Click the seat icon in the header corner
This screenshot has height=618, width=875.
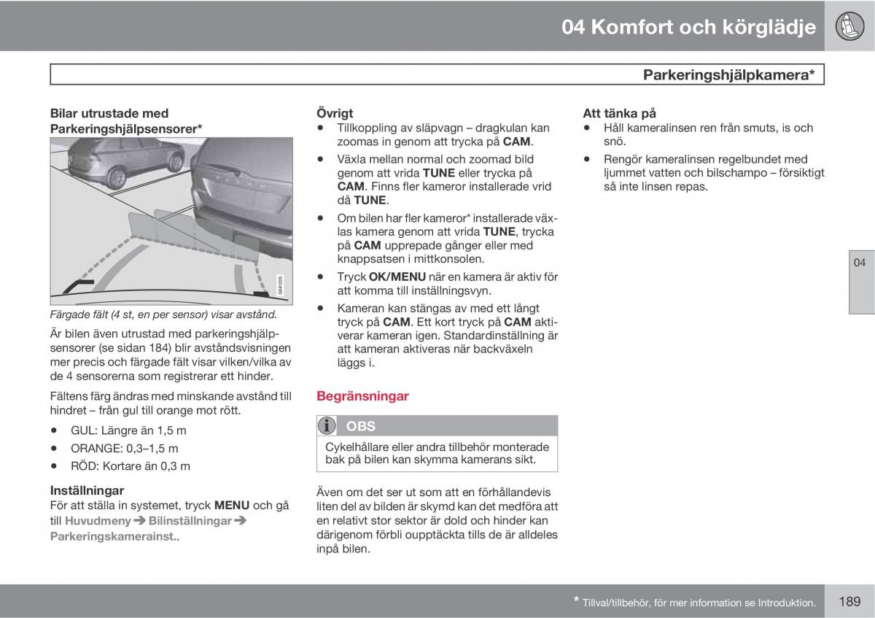pyautogui.click(x=849, y=26)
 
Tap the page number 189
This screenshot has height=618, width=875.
pyautogui.click(x=849, y=600)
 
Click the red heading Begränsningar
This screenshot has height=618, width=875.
pyautogui.click(x=362, y=396)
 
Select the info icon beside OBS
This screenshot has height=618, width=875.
pyautogui.click(x=327, y=425)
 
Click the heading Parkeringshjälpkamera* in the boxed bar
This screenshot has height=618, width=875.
pyautogui.click(x=729, y=74)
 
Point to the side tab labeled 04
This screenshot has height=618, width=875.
pyautogui.click(x=861, y=282)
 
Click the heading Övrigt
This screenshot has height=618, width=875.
pyautogui.click(x=335, y=113)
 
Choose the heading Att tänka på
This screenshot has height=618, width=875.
pyautogui.click(x=619, y=113)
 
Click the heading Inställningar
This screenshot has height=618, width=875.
pyautogui.click(x=87, y=490)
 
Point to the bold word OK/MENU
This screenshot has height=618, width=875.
pyautogui.click(x=397, y=277)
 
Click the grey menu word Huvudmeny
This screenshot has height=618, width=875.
pyautogui.click(x=98, y=521)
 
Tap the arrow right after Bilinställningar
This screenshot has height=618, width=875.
pyautogui.click(x=240, y=520)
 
